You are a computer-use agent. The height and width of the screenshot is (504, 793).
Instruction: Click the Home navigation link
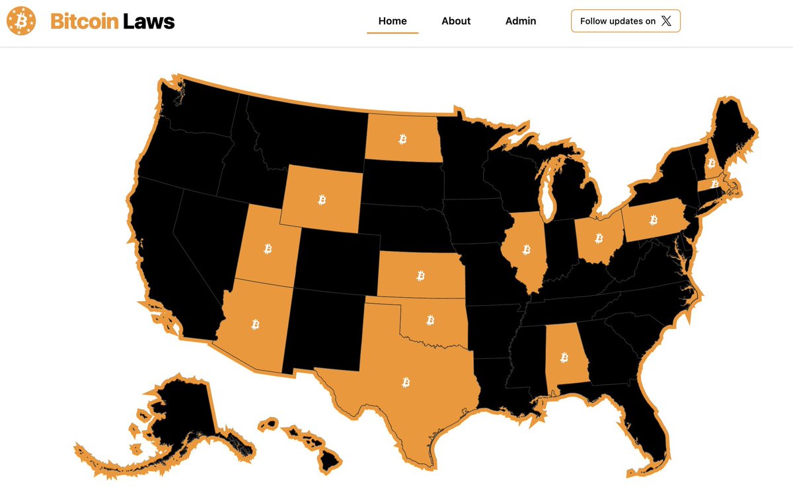tap(393, 21)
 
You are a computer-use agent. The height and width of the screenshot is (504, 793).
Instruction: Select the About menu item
tap(456, 21)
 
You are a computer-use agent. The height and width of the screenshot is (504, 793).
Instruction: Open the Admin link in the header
tap(521, 21)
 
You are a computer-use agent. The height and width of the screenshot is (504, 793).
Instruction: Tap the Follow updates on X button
tap(625, 21)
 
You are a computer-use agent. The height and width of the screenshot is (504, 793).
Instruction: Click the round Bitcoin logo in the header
tap(21, 22)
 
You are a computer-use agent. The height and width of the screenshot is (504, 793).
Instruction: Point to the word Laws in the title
tap(149, 22)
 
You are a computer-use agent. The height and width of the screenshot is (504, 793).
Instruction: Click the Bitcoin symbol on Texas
tap(406, 382)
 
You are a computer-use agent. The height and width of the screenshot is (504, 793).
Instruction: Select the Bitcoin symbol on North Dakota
tap(402, 139)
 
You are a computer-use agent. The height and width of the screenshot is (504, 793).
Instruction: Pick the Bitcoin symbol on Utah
tap(268, 248)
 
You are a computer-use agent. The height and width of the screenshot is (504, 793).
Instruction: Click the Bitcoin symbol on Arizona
tap(256, 324)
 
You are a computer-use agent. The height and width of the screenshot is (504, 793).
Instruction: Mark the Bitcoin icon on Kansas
tap(421, 274)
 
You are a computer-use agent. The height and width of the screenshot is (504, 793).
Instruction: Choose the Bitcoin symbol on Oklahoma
tap(430, 320)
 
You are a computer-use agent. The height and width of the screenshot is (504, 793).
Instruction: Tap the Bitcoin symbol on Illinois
tap(527, 249)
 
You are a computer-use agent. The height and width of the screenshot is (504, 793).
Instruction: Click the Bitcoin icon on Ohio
tap(599, 237)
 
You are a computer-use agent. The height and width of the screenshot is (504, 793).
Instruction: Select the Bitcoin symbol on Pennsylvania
tap(654, 219)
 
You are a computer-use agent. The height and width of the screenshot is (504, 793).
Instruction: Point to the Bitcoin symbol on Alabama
tap(564, 357)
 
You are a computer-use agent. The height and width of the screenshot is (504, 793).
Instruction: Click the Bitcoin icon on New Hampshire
tap(711, 162)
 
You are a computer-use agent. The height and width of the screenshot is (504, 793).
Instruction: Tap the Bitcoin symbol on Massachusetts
tap(714, 183)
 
